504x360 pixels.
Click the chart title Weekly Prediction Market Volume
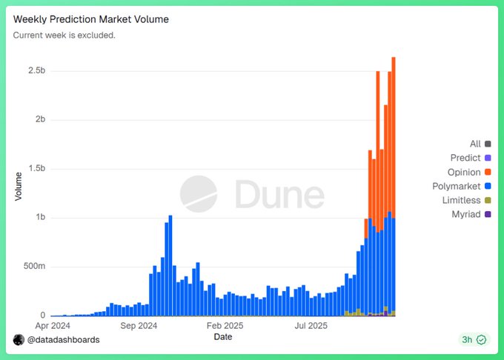tap(91, 19)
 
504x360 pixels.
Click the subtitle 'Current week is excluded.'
tap(64, 35)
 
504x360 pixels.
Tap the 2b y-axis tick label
tap(39, 120)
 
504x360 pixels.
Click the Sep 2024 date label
tap(138, 324)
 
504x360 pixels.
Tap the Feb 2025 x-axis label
tap(225, 324)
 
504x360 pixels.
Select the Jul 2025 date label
tap(311, 324)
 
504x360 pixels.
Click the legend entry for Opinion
tap(464, 173)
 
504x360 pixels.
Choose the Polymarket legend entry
tap(457, 187)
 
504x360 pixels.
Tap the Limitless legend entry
tap(462, 201)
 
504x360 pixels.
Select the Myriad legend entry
tap(466, 215)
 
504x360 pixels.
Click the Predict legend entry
tap(465, 159)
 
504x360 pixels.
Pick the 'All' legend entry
tap(475, 144)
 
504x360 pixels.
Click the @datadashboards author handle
tap(63, 339)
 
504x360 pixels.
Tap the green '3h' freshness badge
tap(473, 339)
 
